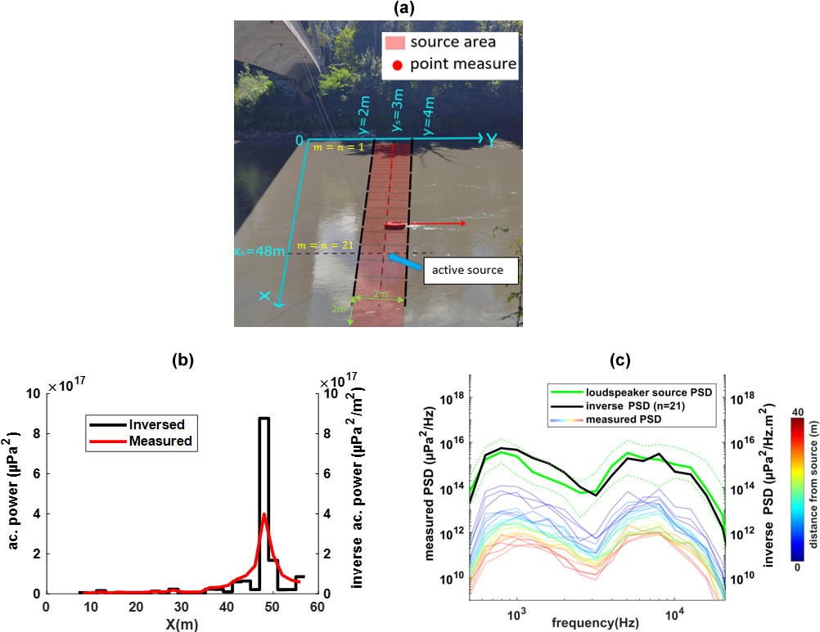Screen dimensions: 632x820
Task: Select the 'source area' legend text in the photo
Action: pos(453,42)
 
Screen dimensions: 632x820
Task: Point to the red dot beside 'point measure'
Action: pos(395,64)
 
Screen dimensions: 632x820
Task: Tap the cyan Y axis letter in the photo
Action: pos(490,141)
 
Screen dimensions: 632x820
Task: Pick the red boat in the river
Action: pos(394,225)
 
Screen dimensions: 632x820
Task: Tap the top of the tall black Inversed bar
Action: pos(264,419)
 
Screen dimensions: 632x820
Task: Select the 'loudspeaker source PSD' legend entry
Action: pos(645,392)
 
